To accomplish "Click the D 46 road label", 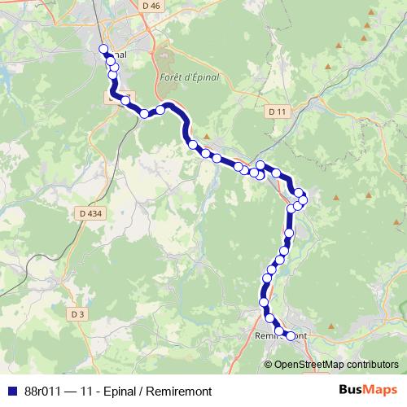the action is coord(151,6).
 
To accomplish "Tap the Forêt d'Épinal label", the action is coord(186,77).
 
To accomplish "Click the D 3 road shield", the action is coord(77,314).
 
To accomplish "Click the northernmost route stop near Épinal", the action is coord(104,49).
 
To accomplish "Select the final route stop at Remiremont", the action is coord(291,336).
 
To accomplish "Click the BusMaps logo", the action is coord(367,390).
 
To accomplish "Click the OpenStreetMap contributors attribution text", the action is coord(335,365).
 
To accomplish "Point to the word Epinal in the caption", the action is coord(120,391).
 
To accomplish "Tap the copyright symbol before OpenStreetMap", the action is coord(268,365).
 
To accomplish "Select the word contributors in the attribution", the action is coord(371,365).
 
